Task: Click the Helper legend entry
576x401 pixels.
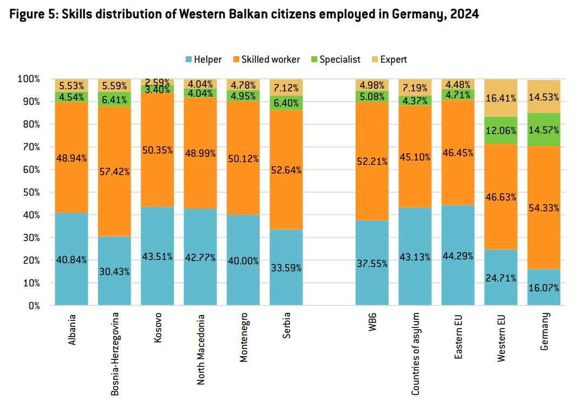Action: point(203,59)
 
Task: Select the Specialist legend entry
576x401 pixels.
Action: point(334,59)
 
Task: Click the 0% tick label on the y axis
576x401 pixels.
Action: point(33,305)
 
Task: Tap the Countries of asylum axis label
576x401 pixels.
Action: point(416,351)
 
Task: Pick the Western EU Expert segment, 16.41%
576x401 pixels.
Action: point(501,97)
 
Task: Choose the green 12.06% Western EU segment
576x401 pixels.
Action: point(501,130)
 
